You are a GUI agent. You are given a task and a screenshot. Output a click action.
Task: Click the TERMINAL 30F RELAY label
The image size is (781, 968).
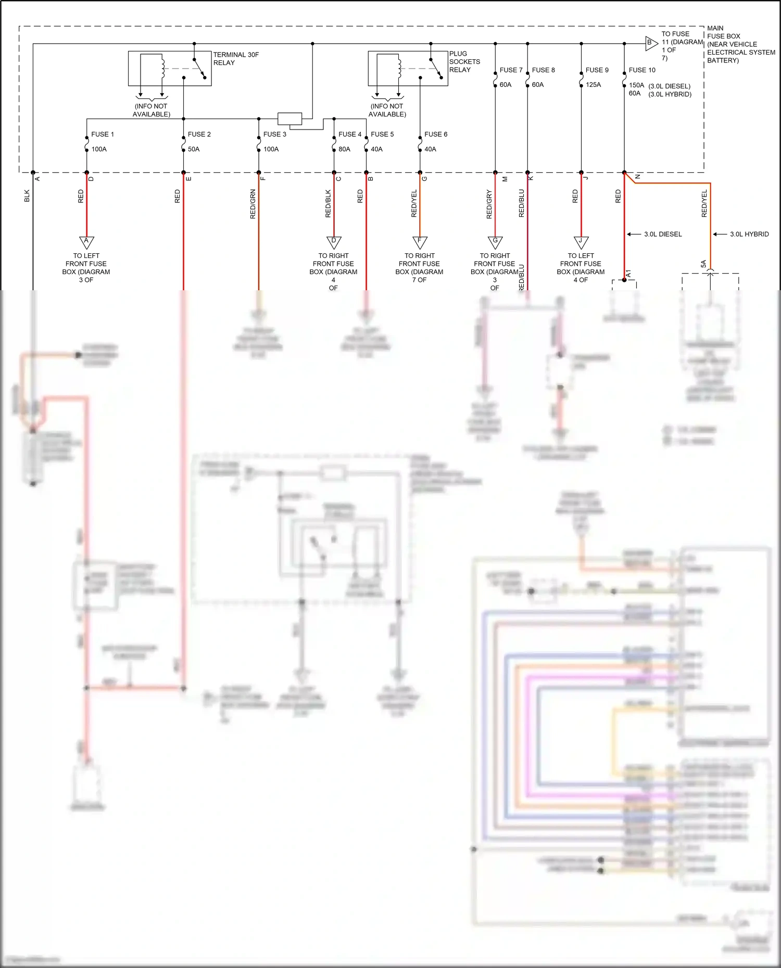click(x=235, y=58)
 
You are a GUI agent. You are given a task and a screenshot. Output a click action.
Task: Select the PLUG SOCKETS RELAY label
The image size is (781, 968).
click(x=464, y=61)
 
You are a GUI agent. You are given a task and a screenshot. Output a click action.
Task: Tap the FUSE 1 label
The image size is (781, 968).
click(x=102, y=134)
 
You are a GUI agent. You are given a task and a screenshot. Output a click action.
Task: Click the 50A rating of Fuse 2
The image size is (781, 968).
click(x=194, y=149)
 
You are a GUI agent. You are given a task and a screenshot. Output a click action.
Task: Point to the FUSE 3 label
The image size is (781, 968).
click(x=274, y=134)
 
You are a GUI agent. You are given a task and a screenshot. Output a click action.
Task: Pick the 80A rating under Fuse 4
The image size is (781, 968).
click(x=344, y=149)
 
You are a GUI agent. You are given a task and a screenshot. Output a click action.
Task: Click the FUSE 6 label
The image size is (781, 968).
click(x=435, y=134)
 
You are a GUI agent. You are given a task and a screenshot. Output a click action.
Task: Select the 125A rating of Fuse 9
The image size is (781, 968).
click(x=593, y=85)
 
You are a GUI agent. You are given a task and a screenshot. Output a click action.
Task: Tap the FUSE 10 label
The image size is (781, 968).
click(x=641, y=70)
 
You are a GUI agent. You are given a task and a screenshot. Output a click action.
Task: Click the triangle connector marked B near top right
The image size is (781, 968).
click(x=650, y=43)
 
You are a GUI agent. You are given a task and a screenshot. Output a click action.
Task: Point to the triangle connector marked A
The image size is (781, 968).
click(x=86, y=242)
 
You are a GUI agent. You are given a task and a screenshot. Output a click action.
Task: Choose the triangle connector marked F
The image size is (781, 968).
click(x=420, y=242)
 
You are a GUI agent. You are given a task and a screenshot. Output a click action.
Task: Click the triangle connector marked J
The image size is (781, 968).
click(x=581, y=242)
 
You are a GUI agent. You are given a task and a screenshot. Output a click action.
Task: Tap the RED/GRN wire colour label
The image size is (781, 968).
click(x=253, y=204)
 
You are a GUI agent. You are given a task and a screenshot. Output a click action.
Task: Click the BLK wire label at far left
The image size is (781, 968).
click(x=27, y=196)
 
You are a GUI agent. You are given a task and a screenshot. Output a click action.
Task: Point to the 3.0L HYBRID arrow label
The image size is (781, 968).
click(x=749, y=235)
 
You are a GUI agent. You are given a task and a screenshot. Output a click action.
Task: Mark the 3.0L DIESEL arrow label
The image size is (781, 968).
click(x=662, y=235)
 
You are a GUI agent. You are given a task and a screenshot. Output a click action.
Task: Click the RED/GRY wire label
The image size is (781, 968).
click(x=489, y=204)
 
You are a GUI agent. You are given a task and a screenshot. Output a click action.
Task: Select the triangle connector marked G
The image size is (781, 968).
click(x=495, y=242)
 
